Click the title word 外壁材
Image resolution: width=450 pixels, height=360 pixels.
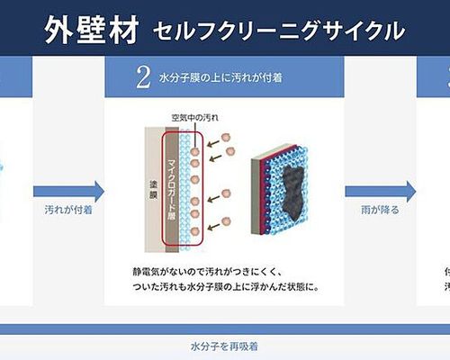coord(92,30)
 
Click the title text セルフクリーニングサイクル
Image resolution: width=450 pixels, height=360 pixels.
coord(279,31)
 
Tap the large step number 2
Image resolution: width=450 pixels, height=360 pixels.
coord(143,77)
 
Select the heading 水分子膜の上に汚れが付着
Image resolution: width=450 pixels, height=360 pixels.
coord(220,78)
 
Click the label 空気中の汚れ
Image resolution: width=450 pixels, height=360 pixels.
coord(195,118)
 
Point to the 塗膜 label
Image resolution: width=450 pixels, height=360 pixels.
coord(154,190)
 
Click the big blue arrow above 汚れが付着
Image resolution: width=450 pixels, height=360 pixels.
coord(69,192)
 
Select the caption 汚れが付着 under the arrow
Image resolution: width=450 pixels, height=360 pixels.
coord(68,210)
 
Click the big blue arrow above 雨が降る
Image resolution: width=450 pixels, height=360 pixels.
coord(381,192)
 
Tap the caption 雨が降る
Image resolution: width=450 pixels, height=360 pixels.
coord(380,210)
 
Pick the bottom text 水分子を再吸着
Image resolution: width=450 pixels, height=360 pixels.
coord(224,346)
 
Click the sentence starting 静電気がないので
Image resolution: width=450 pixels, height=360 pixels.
coord(208,273)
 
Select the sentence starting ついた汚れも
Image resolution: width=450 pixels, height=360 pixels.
coord(226,287)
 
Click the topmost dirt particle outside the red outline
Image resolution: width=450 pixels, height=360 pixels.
coord(226,138)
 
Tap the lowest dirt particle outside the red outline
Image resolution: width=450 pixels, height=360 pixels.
coord(226,222)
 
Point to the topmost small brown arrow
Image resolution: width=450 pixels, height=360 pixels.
coord(213,143)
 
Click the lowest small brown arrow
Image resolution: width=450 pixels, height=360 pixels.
coord(214,227)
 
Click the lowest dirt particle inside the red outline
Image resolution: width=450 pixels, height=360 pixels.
coord(195,231)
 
